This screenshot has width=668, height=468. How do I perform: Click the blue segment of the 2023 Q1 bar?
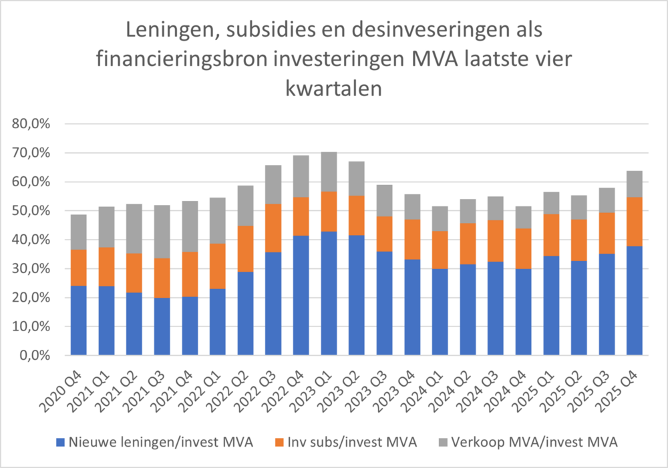click(x=329, y=293)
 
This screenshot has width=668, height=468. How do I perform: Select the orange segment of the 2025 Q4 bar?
click(x=634, y=222)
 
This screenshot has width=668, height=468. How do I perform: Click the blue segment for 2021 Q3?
click(x=162, y=326)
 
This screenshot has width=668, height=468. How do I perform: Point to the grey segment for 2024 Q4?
click(x=523, y=218)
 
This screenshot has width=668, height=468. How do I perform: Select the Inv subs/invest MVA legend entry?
click(x=344, y=441)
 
